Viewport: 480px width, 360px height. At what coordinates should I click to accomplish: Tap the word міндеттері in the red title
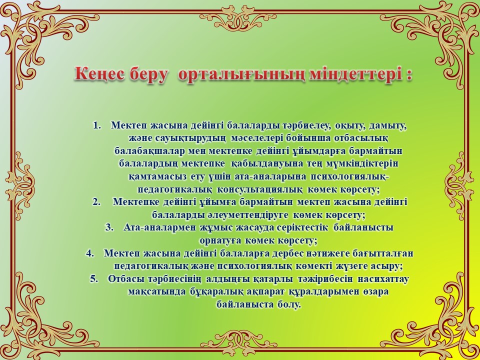click(355, 75)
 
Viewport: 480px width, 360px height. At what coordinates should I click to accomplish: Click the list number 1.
click(96, 126)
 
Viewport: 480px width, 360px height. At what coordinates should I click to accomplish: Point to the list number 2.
click(96, 202)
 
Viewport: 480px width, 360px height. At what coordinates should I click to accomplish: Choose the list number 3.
click(109, 227)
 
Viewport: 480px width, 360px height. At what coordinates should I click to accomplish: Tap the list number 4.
click(90, 253)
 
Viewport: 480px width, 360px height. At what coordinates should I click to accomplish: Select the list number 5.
click(94, 279)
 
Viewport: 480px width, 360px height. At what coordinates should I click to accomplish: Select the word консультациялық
click(260, 190)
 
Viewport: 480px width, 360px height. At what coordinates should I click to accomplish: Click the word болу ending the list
click(289, 305)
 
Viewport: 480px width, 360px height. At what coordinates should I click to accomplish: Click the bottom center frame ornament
click(238, 343)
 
